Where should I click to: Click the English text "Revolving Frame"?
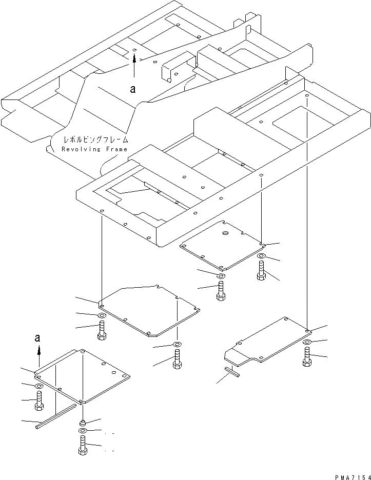(95, 149)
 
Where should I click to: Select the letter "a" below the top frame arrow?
(133, 89)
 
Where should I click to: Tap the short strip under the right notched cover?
(232, 372)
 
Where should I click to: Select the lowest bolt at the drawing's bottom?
(83, 446)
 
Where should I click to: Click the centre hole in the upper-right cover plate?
(225, 233)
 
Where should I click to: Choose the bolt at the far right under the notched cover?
(307, 356)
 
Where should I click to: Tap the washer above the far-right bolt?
(307, 342)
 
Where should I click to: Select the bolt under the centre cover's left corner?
(102, 329)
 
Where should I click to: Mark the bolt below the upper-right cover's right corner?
(261, 270)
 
